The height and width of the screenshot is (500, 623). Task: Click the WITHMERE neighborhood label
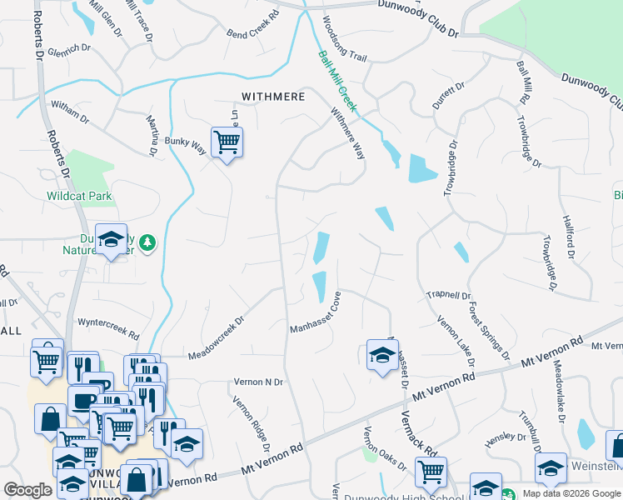click(272, 97)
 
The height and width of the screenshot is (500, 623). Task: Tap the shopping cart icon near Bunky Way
click(227, 143)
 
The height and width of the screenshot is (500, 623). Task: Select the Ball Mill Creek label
click(337, 81)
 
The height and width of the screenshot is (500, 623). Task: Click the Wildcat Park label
click(79, 197)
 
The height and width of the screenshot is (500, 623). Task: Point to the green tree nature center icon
click(147, 242)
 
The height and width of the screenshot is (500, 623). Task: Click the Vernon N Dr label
click(257, 382)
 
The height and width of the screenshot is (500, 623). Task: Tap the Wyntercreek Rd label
click(108, 327)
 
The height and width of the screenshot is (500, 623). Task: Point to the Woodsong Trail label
click(343, 39)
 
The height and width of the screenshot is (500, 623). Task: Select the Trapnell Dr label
click(449, 295)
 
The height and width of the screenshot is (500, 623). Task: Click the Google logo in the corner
click(27, 490)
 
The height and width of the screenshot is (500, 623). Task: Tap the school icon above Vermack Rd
click(382, 355)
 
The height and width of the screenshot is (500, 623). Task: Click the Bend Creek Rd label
click(253, 27)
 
